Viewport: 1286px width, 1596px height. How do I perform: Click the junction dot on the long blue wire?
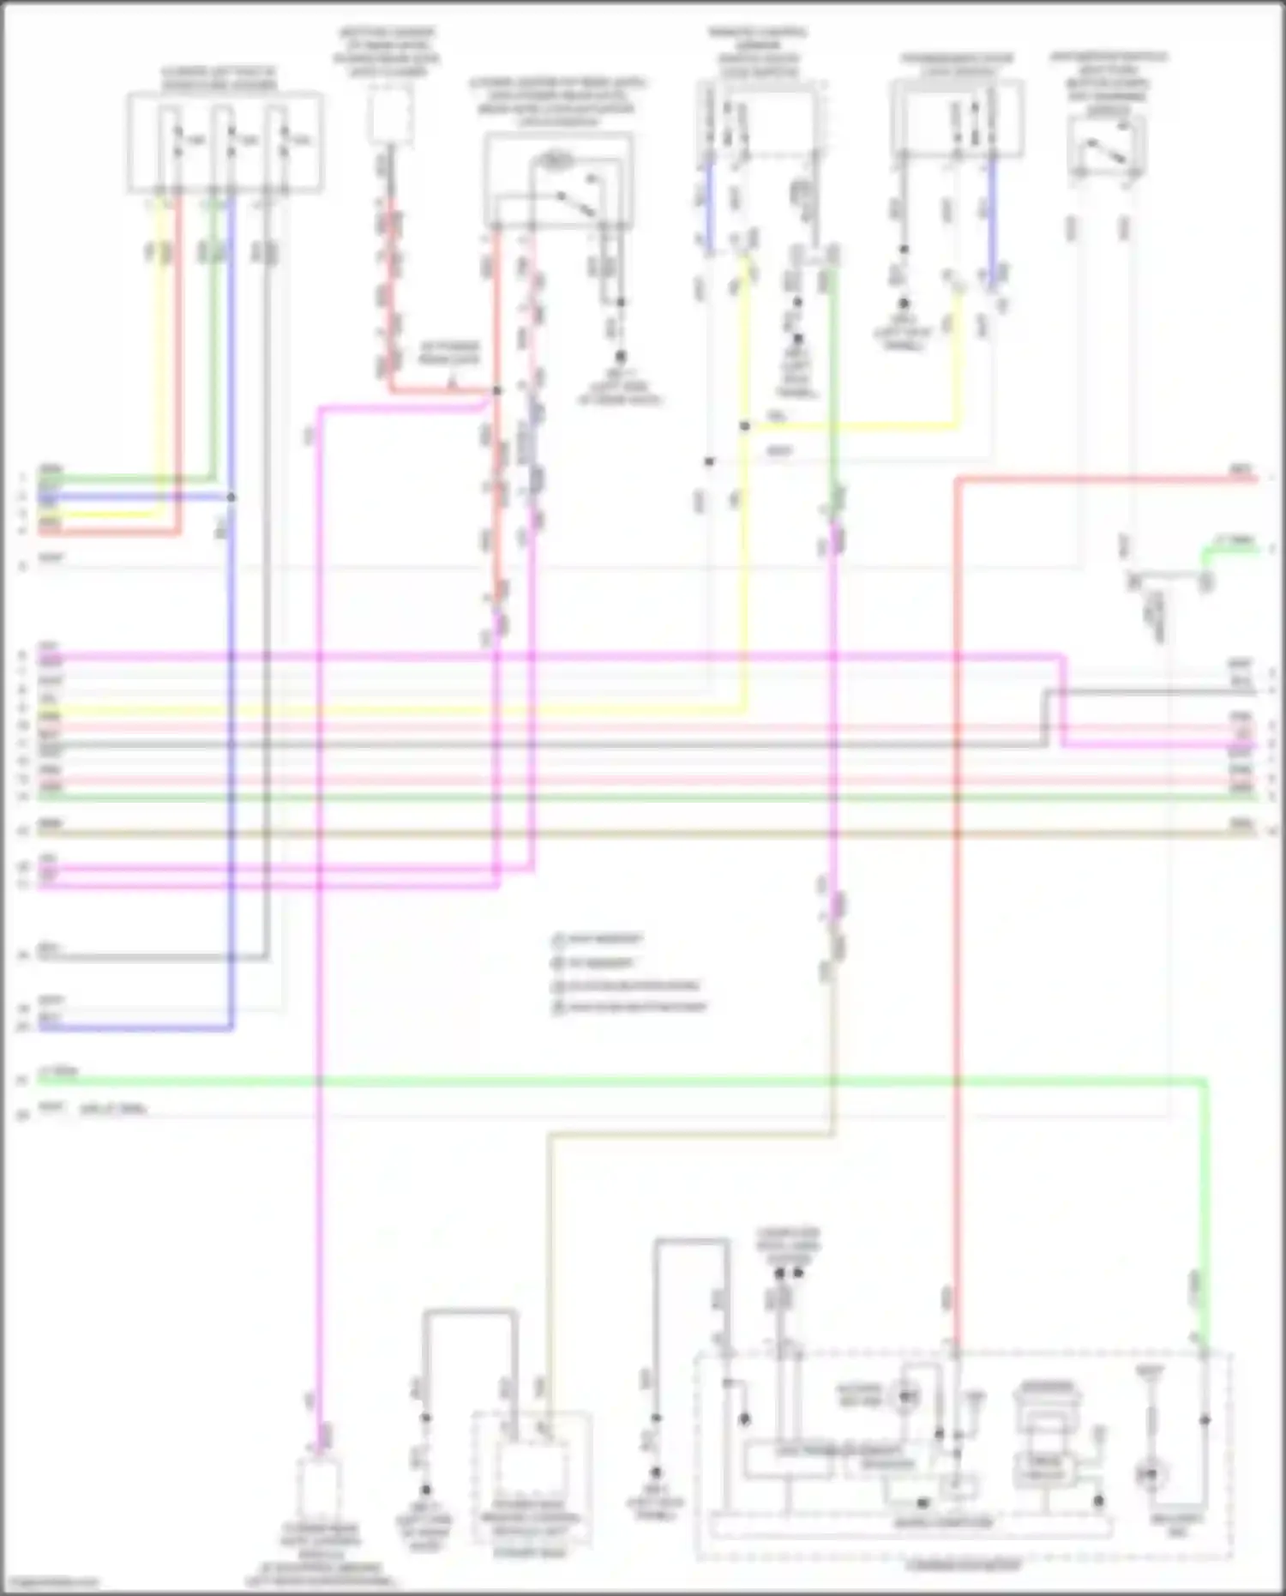231,497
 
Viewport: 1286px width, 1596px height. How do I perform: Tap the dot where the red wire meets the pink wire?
496,391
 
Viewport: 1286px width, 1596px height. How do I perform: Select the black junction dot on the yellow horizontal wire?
745,426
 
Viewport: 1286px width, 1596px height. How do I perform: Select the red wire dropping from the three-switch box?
180,343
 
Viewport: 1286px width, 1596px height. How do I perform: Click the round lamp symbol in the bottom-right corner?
1151,1476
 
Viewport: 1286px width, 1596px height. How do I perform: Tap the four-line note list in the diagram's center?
629,973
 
